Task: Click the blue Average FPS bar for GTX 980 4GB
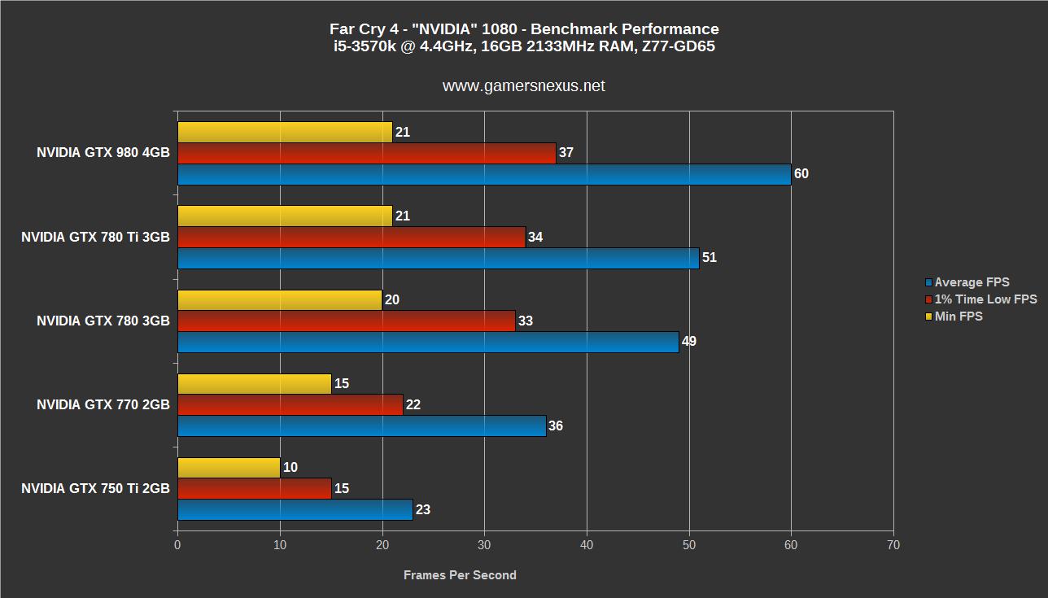[484, 174]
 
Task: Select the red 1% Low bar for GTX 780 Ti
[352, 237]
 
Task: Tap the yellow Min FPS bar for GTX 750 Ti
[229, 467]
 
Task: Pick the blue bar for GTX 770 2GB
[361, 426]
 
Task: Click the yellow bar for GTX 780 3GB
[280, 299]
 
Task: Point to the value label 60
[801, 174]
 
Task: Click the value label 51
[710, 258]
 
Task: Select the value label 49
[689, 342]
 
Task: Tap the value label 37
[566, 153]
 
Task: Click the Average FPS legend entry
[972, 282]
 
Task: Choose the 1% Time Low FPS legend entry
[985, 299]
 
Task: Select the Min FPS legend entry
[958, 316]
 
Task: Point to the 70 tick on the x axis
[893, 545]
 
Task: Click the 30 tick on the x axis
[484, 545]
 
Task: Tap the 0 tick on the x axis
[177, 545]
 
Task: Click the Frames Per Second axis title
[460, 575]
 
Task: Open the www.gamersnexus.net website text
[523, 85]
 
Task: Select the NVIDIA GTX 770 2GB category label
[103, 404]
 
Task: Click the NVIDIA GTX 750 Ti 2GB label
[95, 488]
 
